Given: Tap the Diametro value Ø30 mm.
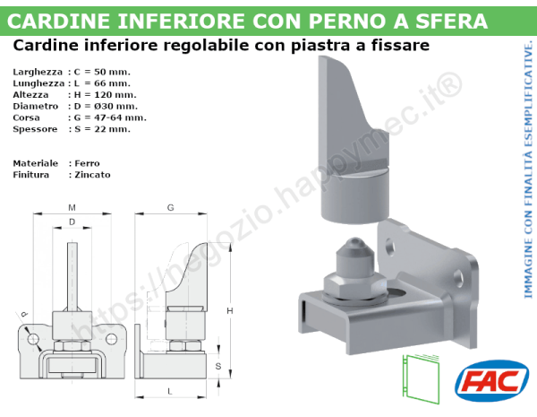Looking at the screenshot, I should tap(106, 106).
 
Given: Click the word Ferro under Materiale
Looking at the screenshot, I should tap(88, 163).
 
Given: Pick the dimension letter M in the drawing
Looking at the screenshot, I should tap(71, 208).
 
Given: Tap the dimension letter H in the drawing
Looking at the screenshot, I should tap(229, 310).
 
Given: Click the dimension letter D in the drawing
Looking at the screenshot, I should tap(72, 222).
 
